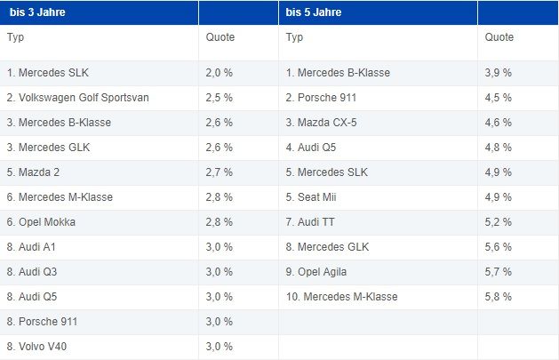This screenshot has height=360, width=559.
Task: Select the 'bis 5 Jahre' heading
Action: pyautogui.click(x=315, y=12)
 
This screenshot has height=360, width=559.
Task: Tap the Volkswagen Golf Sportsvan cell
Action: pyautogui.click(x=77, y=97)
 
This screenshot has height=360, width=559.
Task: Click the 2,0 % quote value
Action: pyautogui.click(x=219, y=72)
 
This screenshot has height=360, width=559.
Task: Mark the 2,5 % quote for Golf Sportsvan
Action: pyautogui.click(x=219, y=97)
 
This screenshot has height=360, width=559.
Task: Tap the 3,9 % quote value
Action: pyautogui.click(x=499, y=72)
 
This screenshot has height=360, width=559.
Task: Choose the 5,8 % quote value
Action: pyautogui.click(x=499, y=296)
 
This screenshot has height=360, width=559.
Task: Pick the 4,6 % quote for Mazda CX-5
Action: pyautogui.click(x=499, y=122)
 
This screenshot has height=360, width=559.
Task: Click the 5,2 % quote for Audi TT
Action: pyautogui.click(x=499, y=221)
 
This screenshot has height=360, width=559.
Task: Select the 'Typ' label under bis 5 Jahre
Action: pyautogui.click(x=295, y=37)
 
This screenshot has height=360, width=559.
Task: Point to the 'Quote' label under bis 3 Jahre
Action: pyautogui.click(x=220, y=37)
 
